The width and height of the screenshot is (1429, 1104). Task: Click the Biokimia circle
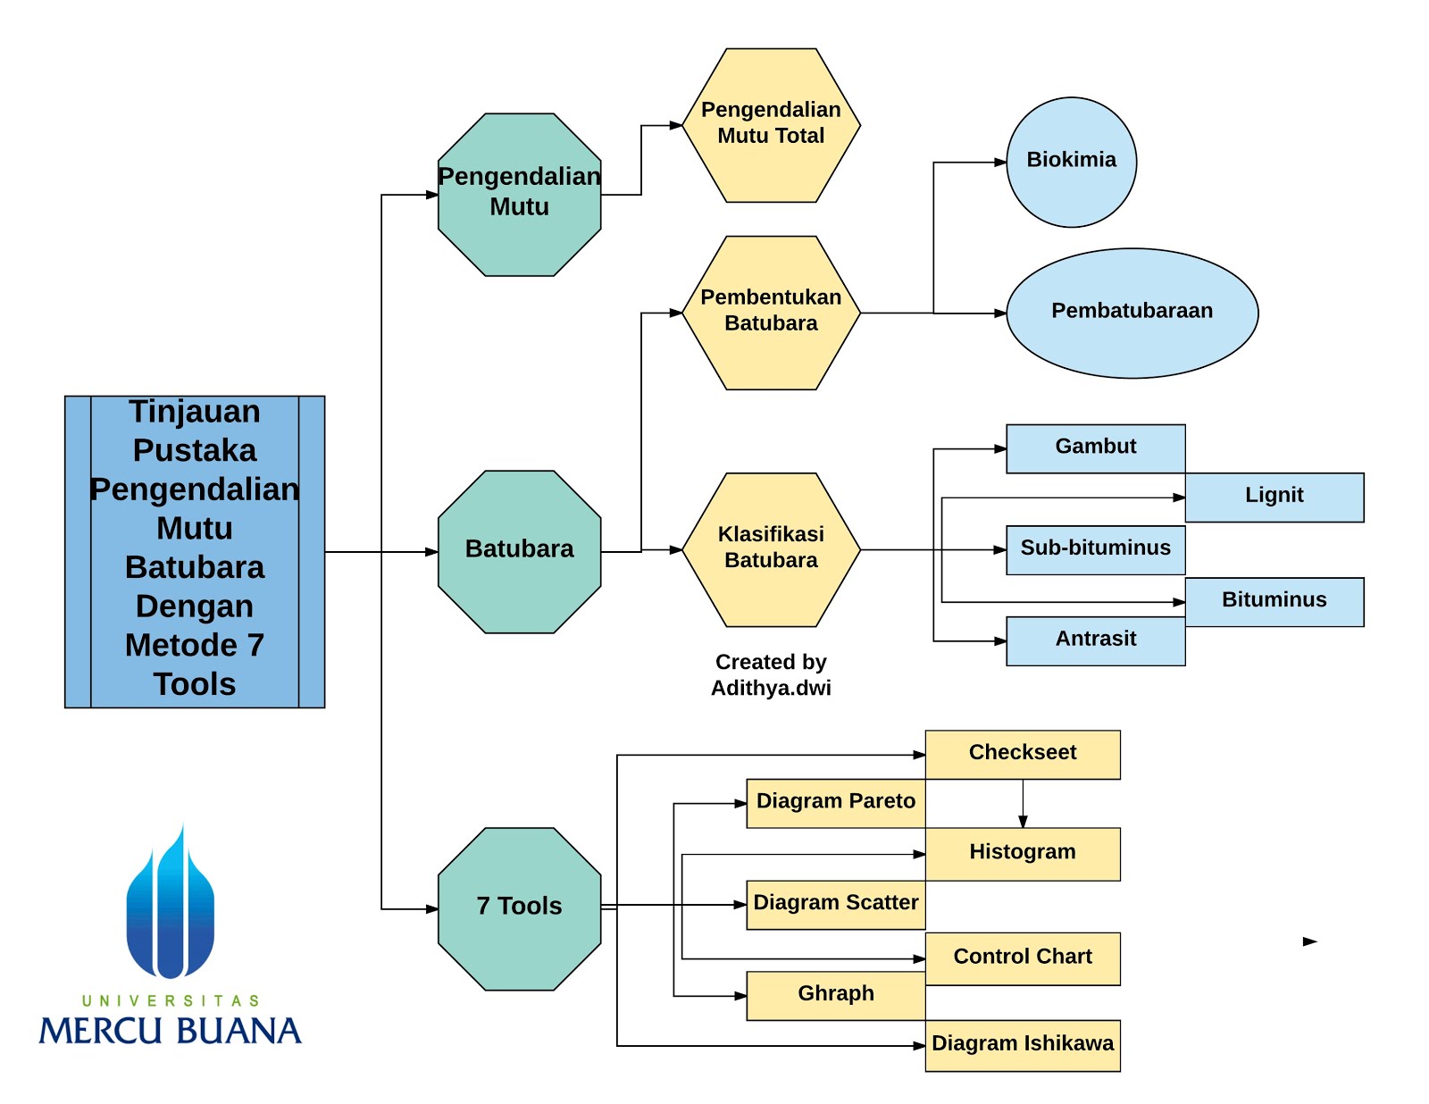coord(1071,163)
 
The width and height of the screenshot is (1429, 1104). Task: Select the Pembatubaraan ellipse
coord(1132,313)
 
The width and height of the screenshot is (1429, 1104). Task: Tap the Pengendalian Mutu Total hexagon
coord(771,125)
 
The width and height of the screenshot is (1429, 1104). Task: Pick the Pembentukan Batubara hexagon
coord(771,313)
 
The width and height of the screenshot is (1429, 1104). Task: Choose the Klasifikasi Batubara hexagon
coord(771,549)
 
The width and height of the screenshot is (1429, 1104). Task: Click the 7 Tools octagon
coord(520,908)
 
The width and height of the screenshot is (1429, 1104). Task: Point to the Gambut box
coord(1096,448)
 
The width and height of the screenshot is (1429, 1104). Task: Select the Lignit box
coord(1274,498)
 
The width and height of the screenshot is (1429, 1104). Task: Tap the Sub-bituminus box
coord(1096,549)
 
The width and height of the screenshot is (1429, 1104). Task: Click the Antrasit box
coord(1096,641)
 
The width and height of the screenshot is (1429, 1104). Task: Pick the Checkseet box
coord(1023,754)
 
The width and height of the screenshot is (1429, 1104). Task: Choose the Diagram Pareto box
coord(836,804)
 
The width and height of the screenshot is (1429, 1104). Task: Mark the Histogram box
coord(1023,854)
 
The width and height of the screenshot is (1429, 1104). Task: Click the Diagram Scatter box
coord(836,905)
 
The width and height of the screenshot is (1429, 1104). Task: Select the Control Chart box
coord(1023,958)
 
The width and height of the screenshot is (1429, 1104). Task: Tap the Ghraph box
coord(836,996)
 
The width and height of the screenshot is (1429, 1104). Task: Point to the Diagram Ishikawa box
coord(1023,1045)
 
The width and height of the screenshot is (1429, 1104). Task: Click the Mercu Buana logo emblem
coord(171,901)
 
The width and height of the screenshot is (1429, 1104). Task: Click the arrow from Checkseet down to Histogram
coord(1023,804)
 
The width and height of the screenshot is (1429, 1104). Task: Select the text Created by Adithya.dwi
coord(771,674)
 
